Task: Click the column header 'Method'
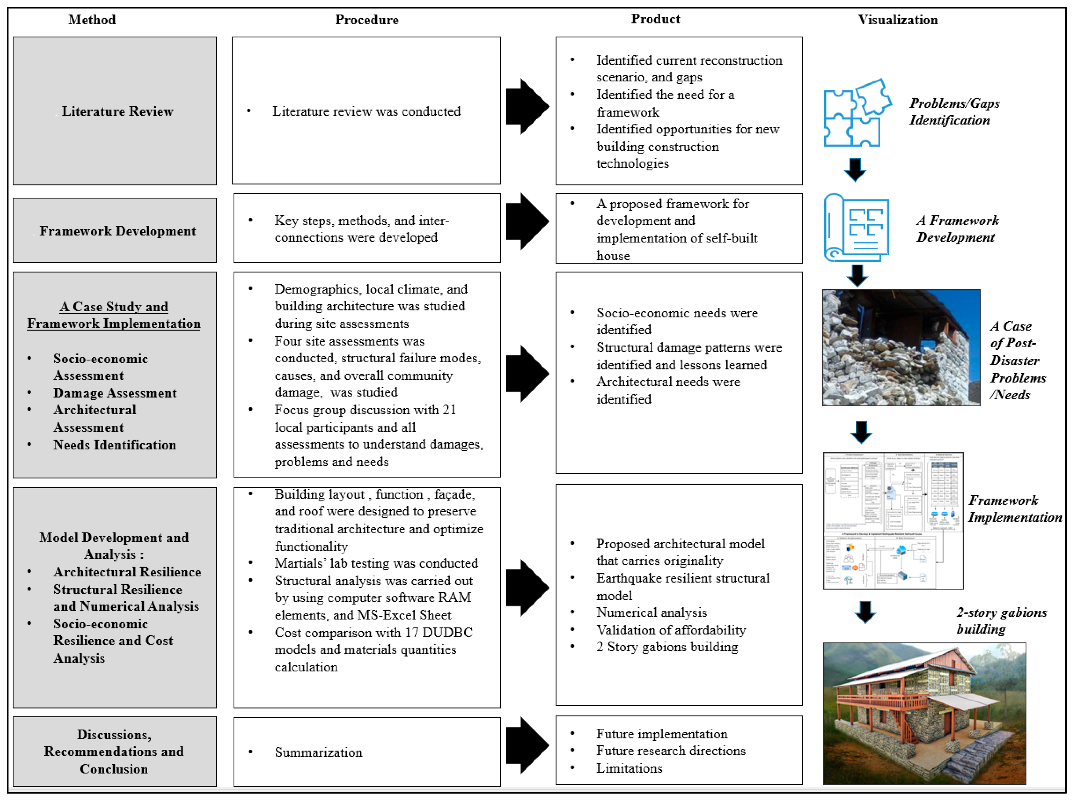pos(92,20)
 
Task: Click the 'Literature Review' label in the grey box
pos(117,111)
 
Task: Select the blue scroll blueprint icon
pos(856,228)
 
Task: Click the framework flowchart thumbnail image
pos(893,521)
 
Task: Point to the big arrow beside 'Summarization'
pos(527,745)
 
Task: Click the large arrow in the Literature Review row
pos(527,106)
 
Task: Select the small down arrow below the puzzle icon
pos(855,170)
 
